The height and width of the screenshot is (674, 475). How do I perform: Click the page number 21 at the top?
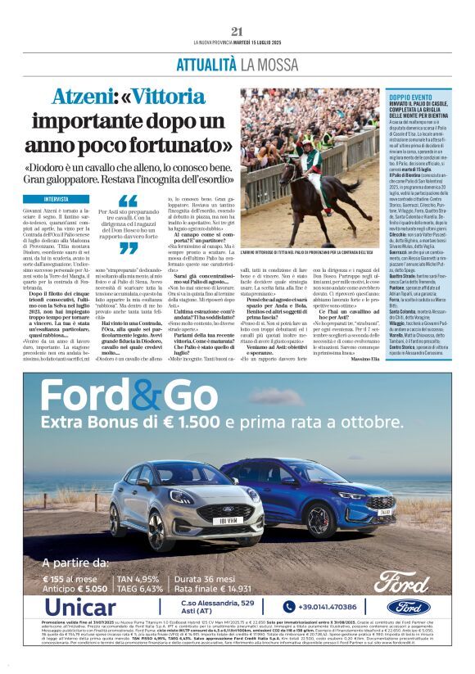click(237, 31)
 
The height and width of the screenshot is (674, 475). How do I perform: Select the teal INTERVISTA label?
click(57, 199)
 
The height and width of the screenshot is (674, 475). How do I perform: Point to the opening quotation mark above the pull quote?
click(128, 201)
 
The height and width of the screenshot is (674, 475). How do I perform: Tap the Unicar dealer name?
click(81, 607)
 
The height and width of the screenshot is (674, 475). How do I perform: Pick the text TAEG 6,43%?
click(138, 587)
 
